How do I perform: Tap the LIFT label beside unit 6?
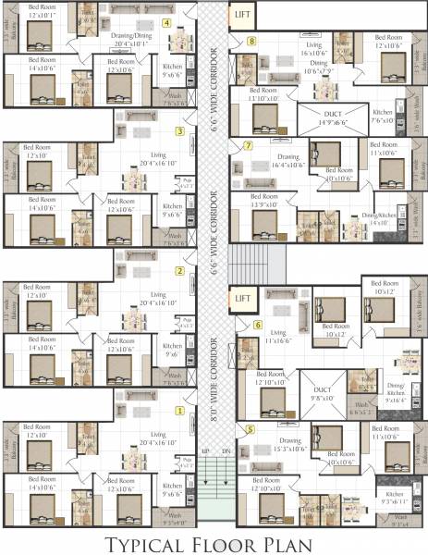point(242,299)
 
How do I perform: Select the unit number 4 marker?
point(166,23)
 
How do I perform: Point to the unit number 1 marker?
point(179,410)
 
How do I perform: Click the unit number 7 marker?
point(248,146)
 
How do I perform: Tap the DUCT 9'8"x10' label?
point(323,394)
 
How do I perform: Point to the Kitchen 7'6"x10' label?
point(383,117)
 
